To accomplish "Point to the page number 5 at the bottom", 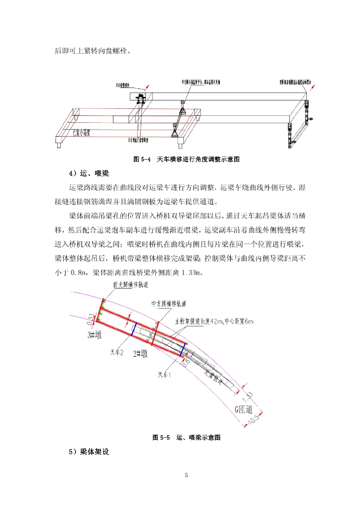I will click(x=186, y=476).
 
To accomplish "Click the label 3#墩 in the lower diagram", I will click(x=94, y=336).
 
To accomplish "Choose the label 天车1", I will click(x=165, y=375).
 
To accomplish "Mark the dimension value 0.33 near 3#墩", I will click(x=91, y=318).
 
